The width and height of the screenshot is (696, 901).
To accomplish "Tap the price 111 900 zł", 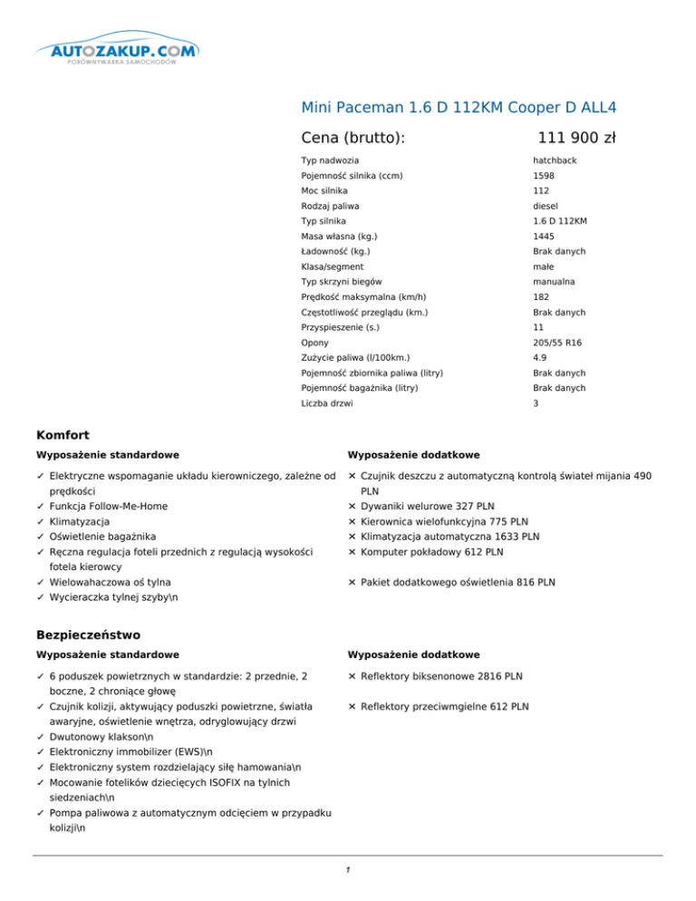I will coord(576,138).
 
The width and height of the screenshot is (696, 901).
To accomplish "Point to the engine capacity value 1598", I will coord(545,176).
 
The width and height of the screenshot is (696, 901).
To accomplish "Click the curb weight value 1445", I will coord(545,237).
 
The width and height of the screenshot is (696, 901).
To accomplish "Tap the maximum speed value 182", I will coord(542,297).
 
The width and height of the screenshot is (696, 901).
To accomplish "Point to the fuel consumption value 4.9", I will coord(540,358).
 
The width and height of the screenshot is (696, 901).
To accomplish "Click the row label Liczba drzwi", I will coord(327,403).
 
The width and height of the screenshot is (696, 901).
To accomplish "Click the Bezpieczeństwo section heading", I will coord(89,635).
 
